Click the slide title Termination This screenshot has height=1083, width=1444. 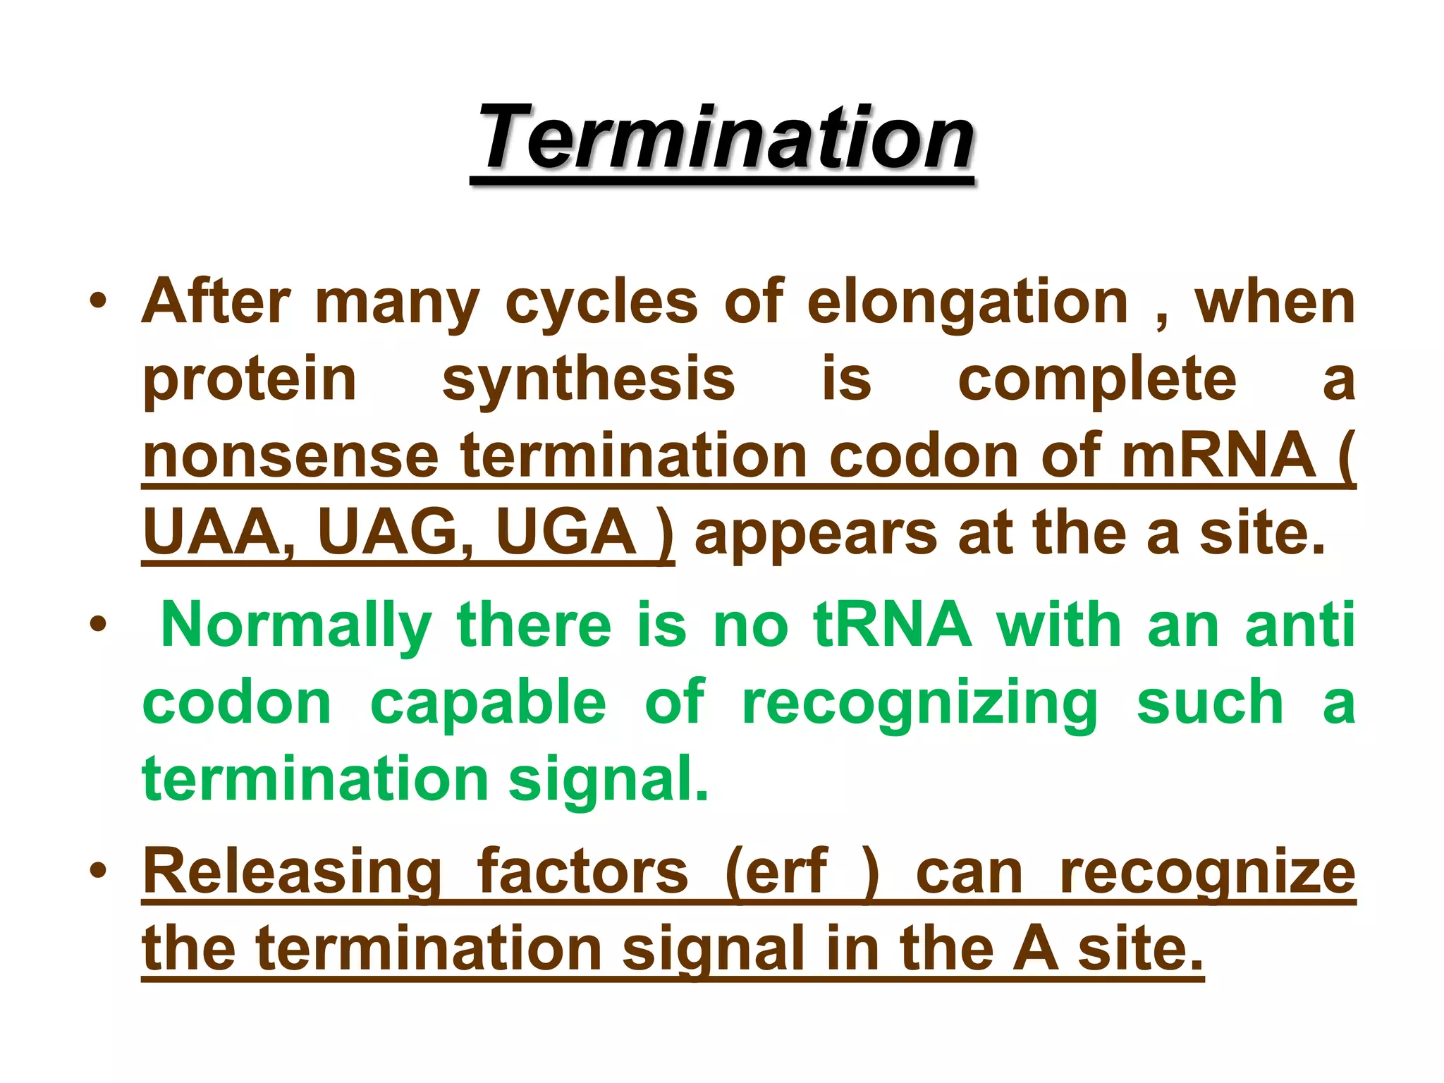(724, 137)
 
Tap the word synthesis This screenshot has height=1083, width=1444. (589, 379)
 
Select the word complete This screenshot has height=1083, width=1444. (1097, 379)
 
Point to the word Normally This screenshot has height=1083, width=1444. (296, 625)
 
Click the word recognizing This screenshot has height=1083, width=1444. (920, 703)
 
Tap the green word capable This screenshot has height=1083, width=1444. (488, 703)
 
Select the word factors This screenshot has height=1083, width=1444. (582, 871)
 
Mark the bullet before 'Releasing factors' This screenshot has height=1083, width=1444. (98, 871)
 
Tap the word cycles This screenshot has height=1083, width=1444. (601, 304)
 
